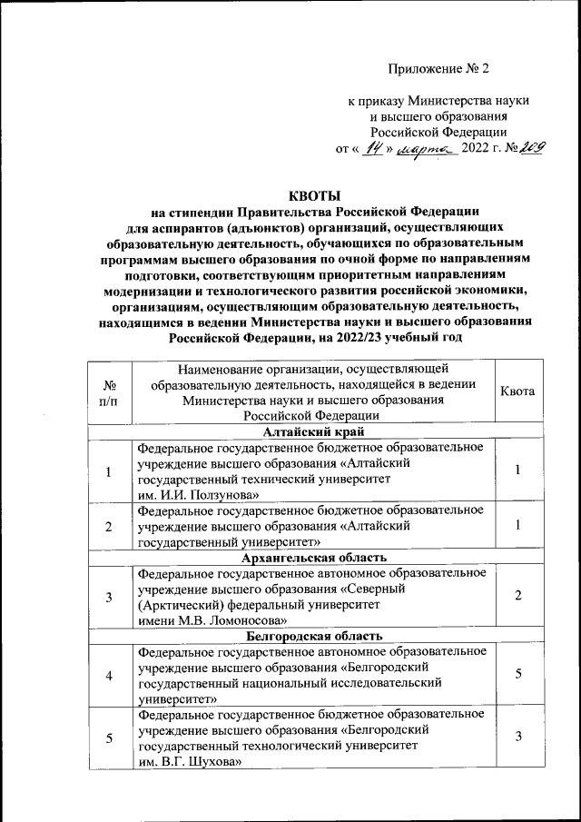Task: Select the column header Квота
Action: point(517,391)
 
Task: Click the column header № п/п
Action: point(109,391)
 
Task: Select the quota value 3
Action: point(517,738)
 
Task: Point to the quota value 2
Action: point(517,596)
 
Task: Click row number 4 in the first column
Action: point(109,676)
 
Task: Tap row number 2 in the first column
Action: point(109,526)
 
